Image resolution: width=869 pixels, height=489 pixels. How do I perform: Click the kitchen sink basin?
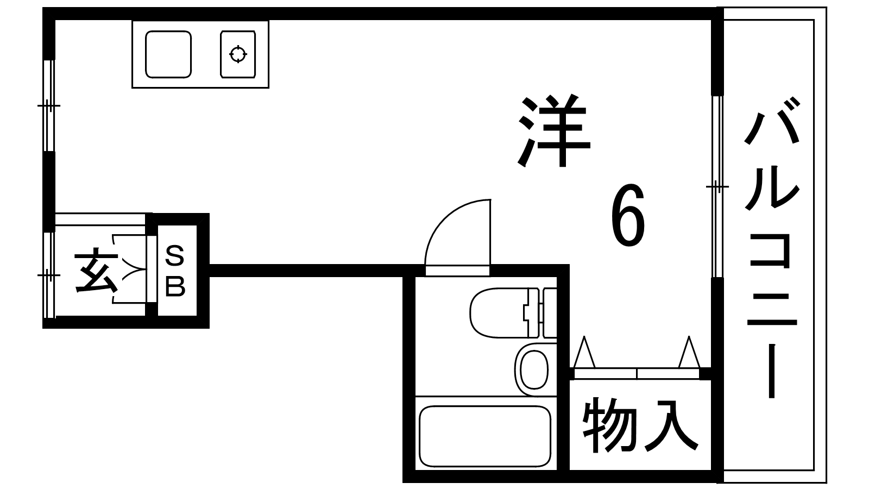[168, 54]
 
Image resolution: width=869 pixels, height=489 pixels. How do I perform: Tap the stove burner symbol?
[238, 54]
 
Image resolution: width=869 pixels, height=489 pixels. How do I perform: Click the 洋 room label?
[554, 132]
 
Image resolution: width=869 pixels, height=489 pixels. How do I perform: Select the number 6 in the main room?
[628, 215]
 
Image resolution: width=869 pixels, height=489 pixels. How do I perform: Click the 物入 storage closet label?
[640, 425]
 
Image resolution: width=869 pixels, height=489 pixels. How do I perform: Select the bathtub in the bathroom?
[484, 436]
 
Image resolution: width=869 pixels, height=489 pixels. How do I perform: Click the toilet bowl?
[497, 313]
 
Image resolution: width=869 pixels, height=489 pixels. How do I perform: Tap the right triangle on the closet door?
[689, 353]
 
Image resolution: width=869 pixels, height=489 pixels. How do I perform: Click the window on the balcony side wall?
[717, 186]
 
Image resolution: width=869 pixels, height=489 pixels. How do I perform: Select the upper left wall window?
[49, 105]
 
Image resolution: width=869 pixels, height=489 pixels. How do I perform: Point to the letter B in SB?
[175, 286]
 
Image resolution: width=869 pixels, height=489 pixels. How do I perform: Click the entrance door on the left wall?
[49, 275]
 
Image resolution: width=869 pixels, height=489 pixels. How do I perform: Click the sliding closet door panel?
[637, 374]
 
